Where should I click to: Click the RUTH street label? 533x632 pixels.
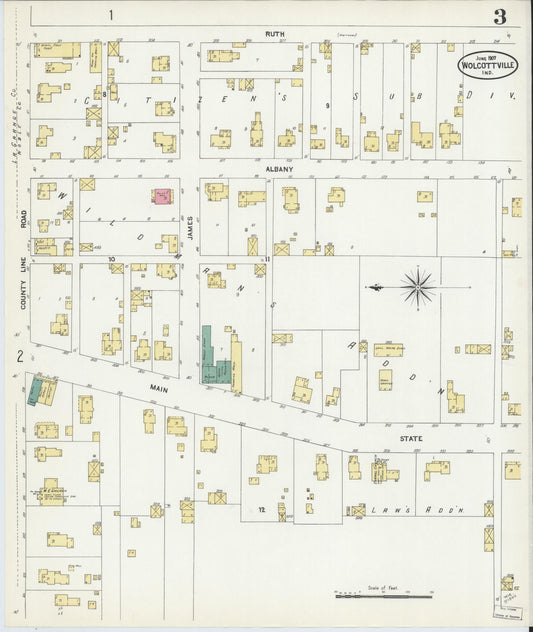(x=275, y=34)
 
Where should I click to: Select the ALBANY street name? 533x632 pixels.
(x=279, y=170)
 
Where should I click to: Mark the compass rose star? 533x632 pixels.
(x=417, y=288)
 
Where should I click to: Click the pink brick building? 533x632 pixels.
(x=160, y=197)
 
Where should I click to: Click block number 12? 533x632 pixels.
(x=260, y=510)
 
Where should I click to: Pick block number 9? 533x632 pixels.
(x=326, y=105)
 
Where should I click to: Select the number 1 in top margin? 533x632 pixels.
(x=112, y=15)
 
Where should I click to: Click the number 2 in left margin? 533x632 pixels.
(x=18, y=355)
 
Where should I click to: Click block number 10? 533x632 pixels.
(x=112, y=258)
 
